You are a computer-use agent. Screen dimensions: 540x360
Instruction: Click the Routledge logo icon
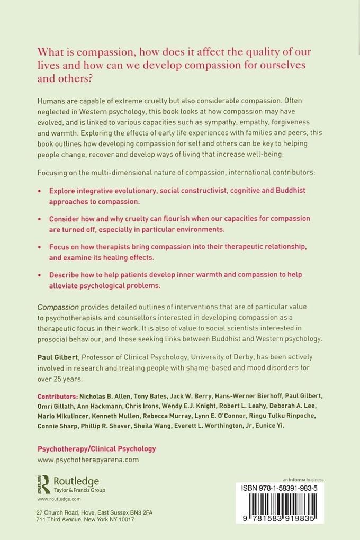click(44, 483)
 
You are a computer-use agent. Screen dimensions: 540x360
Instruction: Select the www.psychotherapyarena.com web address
click(88, 460)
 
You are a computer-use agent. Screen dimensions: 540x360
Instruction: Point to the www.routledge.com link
click(59, 499)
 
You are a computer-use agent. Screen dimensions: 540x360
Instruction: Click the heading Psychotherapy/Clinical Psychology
click(96, 448)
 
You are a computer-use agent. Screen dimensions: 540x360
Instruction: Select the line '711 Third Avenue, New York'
click(85, 520)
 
